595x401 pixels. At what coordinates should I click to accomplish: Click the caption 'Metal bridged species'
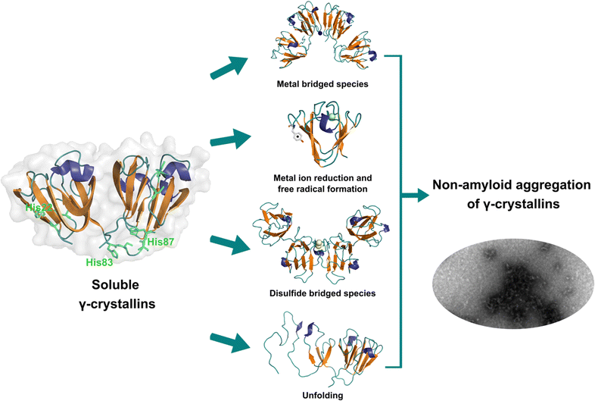click(x=322, y=84)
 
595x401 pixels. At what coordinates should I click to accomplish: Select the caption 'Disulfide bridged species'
click(x=323, y=292)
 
